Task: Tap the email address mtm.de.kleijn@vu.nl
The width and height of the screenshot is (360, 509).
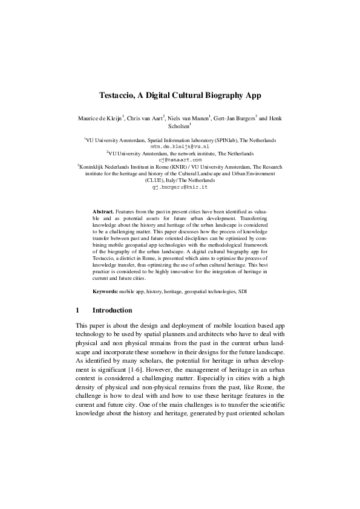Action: coord(180,146)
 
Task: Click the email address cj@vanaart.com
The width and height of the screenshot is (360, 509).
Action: coord(180,160)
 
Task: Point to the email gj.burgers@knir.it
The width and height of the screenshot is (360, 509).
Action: coord(180,187)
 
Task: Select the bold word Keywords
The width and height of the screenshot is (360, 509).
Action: coord(105,291)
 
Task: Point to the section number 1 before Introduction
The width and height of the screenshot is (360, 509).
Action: coord(77,310)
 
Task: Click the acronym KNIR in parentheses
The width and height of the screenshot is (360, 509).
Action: coord(171,166)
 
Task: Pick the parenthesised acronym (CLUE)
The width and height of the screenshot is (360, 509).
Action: coord(156,180)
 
